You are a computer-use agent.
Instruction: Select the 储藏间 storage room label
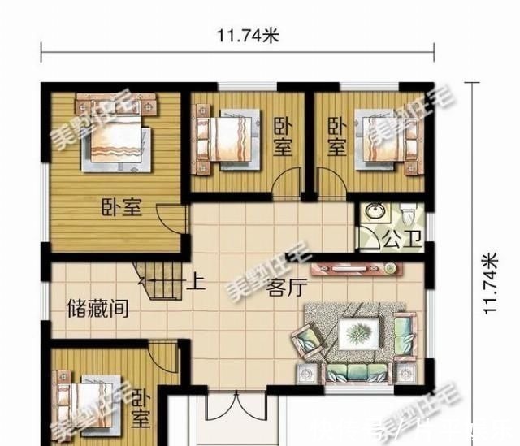point(97,310)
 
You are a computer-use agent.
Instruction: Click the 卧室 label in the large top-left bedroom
point(121,208)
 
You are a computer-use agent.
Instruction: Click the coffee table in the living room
point(358,331)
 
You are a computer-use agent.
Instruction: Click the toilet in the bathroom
point(409,213)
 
